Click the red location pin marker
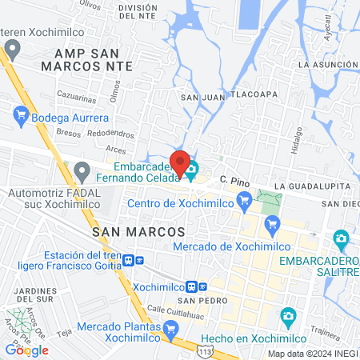[181, 162]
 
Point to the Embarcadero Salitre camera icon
[342, 239]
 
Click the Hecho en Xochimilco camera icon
[288, 318]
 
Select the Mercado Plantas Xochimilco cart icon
[170, 328]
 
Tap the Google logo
[26, 350]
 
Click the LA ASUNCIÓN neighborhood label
[327, 64]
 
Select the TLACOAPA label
[254, 93]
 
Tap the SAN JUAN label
[200, 98]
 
